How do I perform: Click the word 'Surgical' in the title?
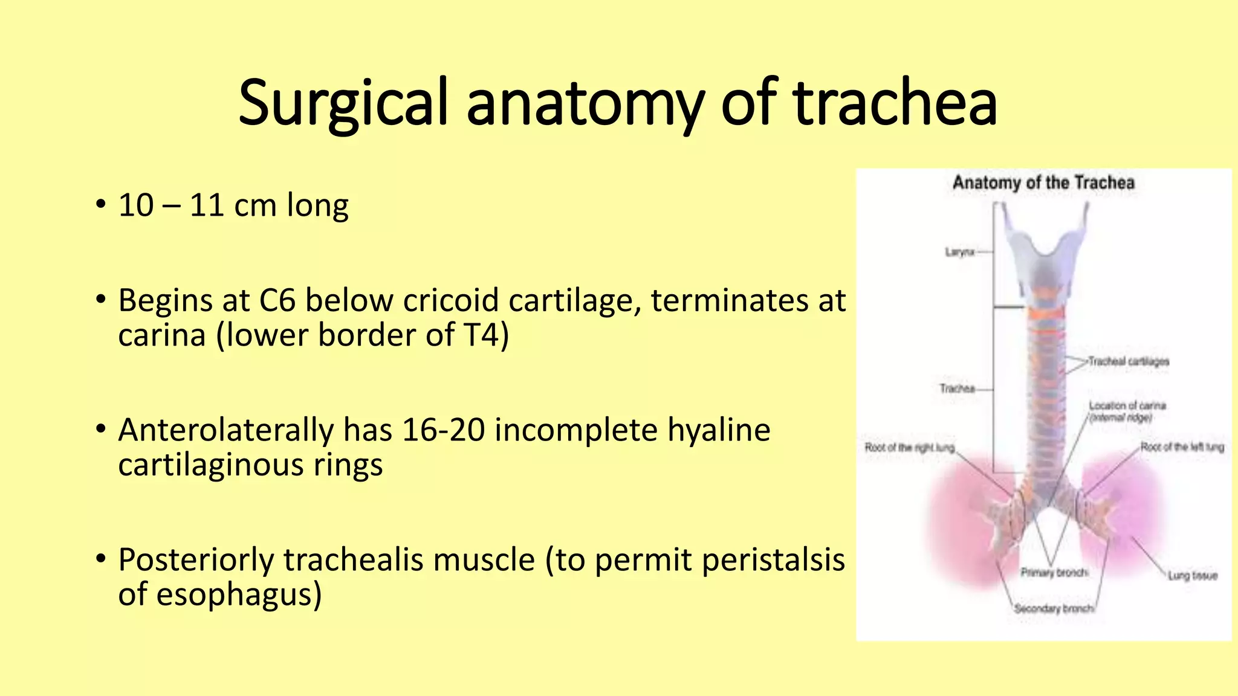tap(343, 104)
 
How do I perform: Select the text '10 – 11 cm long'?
tap(233, 205)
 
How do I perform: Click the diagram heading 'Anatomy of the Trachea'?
tap(1043, 182)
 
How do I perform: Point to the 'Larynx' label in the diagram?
tap(959, 252)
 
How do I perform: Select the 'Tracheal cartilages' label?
tap(1129, 361)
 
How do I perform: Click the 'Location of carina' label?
tap(1127, 405)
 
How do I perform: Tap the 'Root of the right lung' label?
tap(910, 448)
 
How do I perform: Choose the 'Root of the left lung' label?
tap(1182, 447)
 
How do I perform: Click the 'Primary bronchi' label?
tap(1054, 572)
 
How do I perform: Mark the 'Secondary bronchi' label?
tap(1054, 608)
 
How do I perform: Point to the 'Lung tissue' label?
tap(1192, 576)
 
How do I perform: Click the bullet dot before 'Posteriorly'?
tap(101, 559)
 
